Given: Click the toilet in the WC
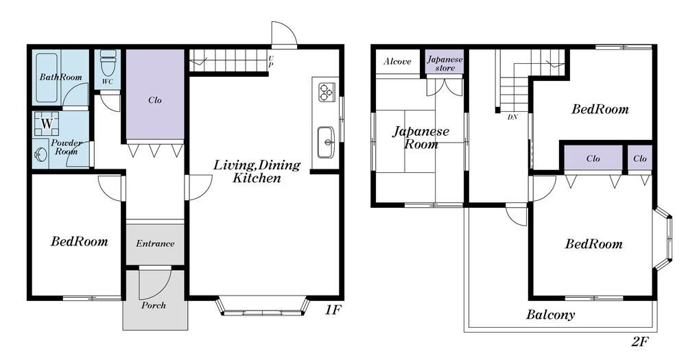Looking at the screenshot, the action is tap(108, 62).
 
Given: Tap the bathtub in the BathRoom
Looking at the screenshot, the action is tap(47, 78).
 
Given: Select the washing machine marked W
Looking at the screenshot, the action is tap(47, 124).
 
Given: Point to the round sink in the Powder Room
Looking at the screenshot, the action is tap(40, 154).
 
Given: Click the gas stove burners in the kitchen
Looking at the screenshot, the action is tap(325, 92).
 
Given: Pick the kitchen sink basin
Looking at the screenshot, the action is tap(325, 142).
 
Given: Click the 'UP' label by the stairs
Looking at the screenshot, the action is tap(271, 61).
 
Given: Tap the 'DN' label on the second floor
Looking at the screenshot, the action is tap(512, 117).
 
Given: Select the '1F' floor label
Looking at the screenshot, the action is tap(332, 310).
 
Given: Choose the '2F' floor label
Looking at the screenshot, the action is tap(639, 341).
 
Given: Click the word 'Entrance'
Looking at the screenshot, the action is tap(155, 243).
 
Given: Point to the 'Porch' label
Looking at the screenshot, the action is tap(154, 305).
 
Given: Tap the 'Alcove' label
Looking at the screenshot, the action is tap(397, 61).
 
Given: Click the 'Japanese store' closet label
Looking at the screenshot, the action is tap(445, 63).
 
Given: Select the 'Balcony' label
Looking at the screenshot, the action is tap(550, 315).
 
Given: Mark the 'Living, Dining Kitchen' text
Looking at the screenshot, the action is tap(257, 171).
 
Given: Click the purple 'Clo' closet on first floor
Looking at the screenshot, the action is tap(155, 94).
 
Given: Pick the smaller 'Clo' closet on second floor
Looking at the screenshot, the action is tap(639, 158).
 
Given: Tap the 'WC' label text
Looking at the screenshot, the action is tap(108, 82).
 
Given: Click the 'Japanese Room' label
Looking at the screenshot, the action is tap(421, 137).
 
